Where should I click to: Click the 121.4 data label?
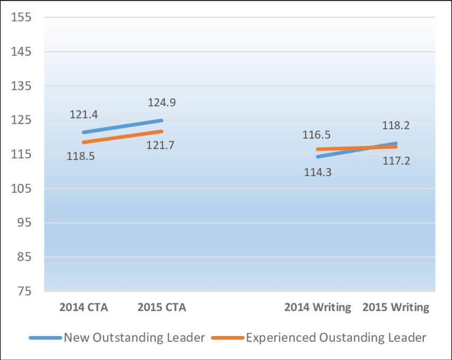(x=83, y=115)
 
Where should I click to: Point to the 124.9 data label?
(x=162, y=102)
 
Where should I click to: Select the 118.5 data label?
(x=80, y=157)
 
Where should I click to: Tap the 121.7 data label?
(x=160, y=145)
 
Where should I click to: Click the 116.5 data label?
(x=317, y=135)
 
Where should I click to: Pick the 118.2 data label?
(x=396, y=126)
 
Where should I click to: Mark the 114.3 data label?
(x=318, y=172)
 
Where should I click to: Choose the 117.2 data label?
(x=396, y=160)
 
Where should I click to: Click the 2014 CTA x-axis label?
(x=83, y=308)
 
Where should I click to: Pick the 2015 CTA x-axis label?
(x=162, y=308)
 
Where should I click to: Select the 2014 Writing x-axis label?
(x=317, y=308)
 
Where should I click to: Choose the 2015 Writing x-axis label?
(x=396, y=308)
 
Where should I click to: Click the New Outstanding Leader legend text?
(x=134, y=338)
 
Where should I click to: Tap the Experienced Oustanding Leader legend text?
(x=336, y=338)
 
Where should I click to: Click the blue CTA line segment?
(x=122, y=126)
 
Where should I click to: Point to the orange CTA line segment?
(x=122, y=137)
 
